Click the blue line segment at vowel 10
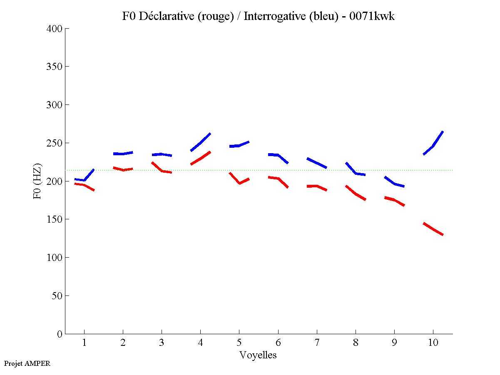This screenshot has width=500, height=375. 433,146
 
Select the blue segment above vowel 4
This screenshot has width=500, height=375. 200,143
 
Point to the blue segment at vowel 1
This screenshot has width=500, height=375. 85,180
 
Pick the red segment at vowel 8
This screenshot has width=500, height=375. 356,194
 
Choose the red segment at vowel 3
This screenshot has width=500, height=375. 162,171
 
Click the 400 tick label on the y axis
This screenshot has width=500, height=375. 55,29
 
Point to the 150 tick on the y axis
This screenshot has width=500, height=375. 55,219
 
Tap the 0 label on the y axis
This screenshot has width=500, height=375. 60,334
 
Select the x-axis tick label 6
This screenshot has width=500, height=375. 278,343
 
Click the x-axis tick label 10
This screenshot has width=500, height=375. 433,343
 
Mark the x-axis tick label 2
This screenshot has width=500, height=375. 123,343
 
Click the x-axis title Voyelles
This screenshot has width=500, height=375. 258,355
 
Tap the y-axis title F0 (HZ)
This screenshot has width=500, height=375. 37,181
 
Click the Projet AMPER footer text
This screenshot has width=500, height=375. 27,363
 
